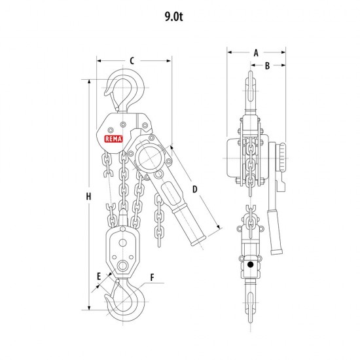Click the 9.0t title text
pos(174,16)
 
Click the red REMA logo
pos(113,139)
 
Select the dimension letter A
pos(256,53)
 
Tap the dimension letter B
pos(267,65)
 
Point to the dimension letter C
pos(132,61)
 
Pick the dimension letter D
pos(194,189)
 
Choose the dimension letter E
pos(99,276)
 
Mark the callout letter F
pos(152,278)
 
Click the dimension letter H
pos(88,196)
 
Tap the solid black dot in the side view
pos(250,264)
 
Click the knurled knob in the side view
pos(282,157)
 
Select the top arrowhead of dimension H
pos(89,82)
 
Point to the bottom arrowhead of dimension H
pos(89,308)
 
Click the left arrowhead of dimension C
pos(99,61)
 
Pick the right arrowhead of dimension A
pos(283,52)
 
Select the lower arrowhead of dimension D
pos(219,227)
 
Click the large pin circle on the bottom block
pos(122,266)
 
